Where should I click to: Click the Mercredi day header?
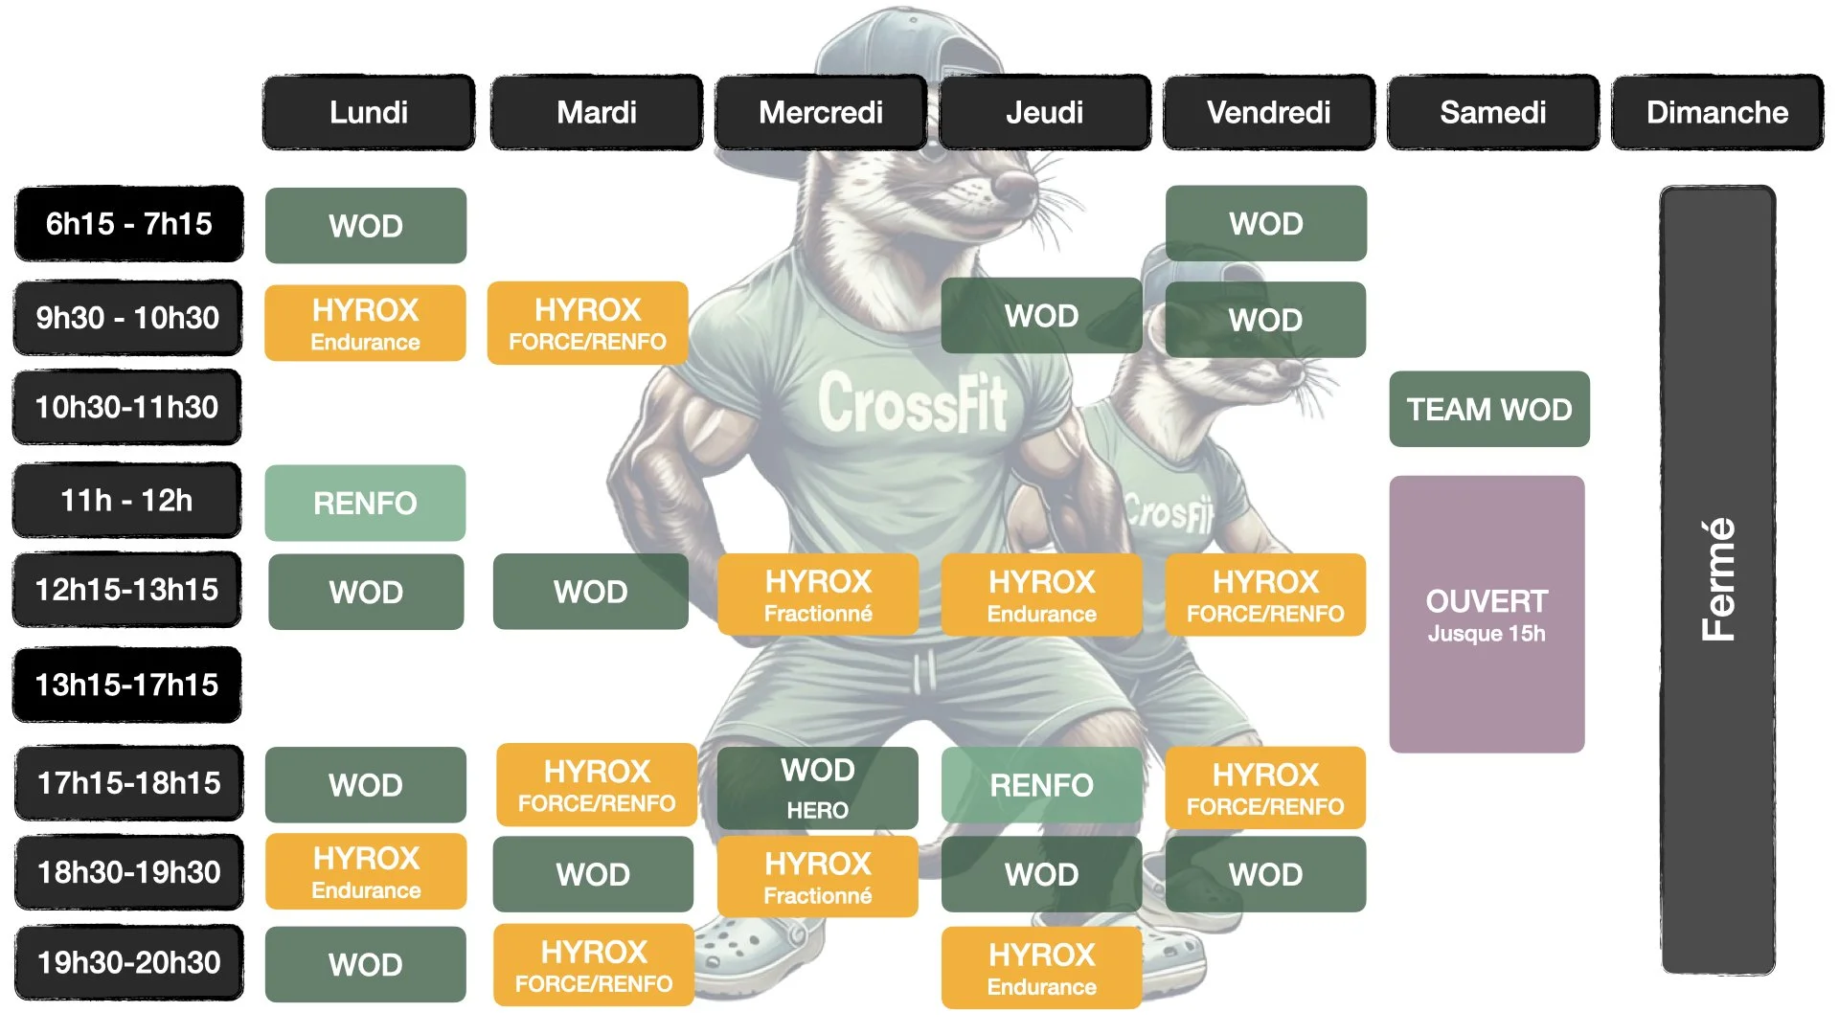pyautogui.click(x=821, y=113)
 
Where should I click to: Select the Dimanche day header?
pyautogui.click(x=1716, y=113)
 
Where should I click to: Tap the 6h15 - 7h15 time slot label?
pyautogui.click(x=128, y=224)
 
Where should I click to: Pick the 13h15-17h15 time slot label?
pyautogui.click(x=126, y=685)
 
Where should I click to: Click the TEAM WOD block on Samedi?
pyautogui.click(x=1488, y=410)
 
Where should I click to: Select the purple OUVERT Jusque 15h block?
pyautogui.click(x=1487, y=614)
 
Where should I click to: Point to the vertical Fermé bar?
pyautogui.click(x=1717, y=579)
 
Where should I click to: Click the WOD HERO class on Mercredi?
pyautogui.click(x=817, y=787)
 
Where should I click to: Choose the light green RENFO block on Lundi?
pyautogui.click(x=365, y=503)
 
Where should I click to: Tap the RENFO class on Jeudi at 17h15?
pyautogui.click(x=1041, y=785)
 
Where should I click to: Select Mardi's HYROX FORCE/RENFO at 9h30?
pyautogui.click(x=587, y=324)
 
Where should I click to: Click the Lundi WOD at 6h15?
pyautogui.click(x=365, y=226)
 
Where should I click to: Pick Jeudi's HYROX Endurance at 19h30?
pyautogui.click(x=1041, y=968)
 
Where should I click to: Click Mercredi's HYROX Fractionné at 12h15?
pyautogui.click(x=817, y=595)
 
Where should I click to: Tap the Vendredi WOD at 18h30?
pyautogui.click(x=1265, y=874)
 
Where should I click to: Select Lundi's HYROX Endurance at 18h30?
pyautogui.click(x=365, y=872)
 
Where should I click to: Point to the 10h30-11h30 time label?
pyautogui.click(x=126, y=407)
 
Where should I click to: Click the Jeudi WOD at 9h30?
pyautogui.click(x=1041, y=316)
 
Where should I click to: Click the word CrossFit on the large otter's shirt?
pyautogui.click(x=912, y=402)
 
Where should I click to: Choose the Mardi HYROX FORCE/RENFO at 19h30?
pyautogui.click(x=593, y=965)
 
